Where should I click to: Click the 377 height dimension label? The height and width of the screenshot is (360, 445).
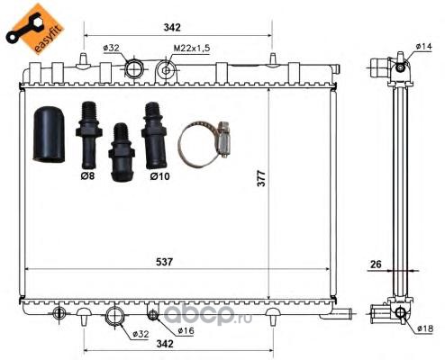coord(261,178)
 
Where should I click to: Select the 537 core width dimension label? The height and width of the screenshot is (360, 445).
coord(165,262)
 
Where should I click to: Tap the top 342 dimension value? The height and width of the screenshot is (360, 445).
coord(172,27)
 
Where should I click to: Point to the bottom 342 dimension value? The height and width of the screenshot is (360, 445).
coord(165,344)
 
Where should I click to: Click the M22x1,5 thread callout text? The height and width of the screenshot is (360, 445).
coord(192,48)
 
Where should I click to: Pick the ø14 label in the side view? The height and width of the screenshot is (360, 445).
coord(424,46)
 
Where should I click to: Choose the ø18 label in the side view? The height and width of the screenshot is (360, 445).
coord(425,328)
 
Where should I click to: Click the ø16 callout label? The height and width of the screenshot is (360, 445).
coord(186,330)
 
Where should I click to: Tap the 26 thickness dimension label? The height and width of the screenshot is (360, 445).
coord(376,265)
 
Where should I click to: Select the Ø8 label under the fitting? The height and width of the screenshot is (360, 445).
coord(87,175)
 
